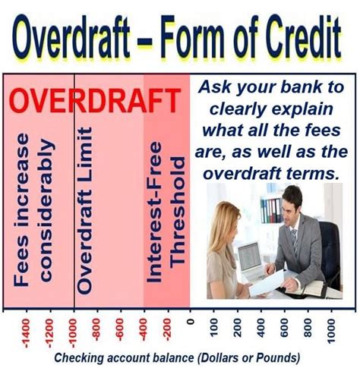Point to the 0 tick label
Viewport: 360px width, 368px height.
point(191,322)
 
